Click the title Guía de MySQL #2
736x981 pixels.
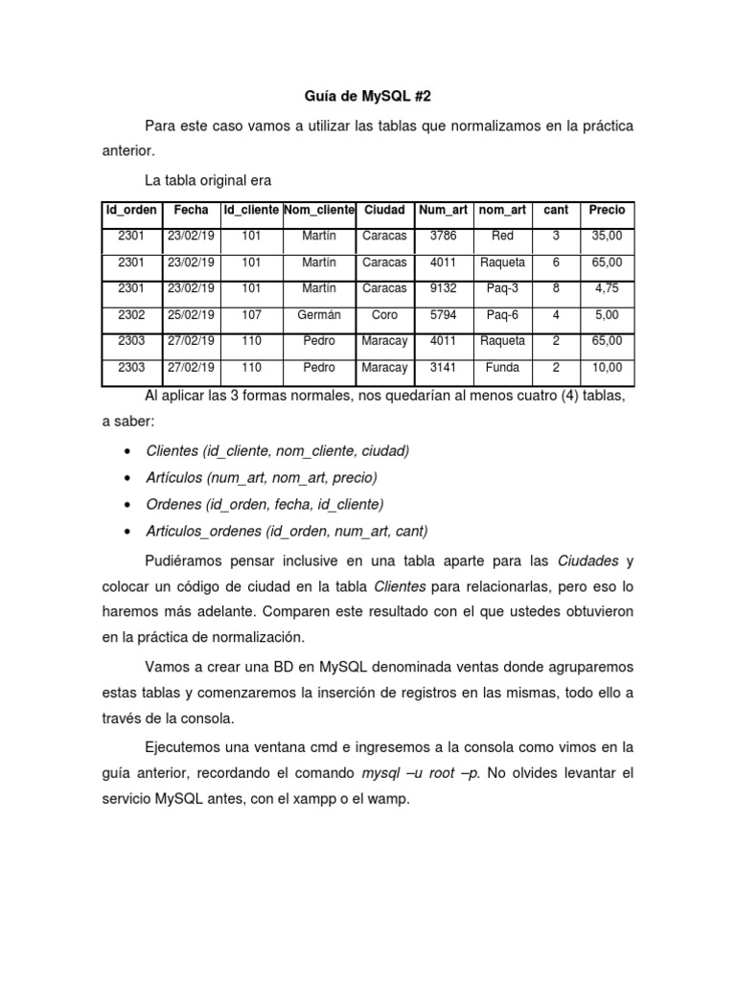point(368,96)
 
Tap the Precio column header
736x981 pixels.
point(607,210)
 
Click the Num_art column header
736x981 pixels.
point(444,210)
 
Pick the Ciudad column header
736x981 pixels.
point(384,210)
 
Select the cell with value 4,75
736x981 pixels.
point(607,288)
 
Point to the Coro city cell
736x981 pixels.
point(384,314)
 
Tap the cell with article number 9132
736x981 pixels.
point(444,288)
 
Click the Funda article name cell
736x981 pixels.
point(502,367)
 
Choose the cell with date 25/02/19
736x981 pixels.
point(192,314)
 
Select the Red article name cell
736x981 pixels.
point(502,236)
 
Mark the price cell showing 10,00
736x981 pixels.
point(607,367)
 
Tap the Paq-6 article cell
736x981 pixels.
point(502,314)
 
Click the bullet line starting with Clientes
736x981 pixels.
point(277,450)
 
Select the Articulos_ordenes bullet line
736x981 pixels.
point(287,531)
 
